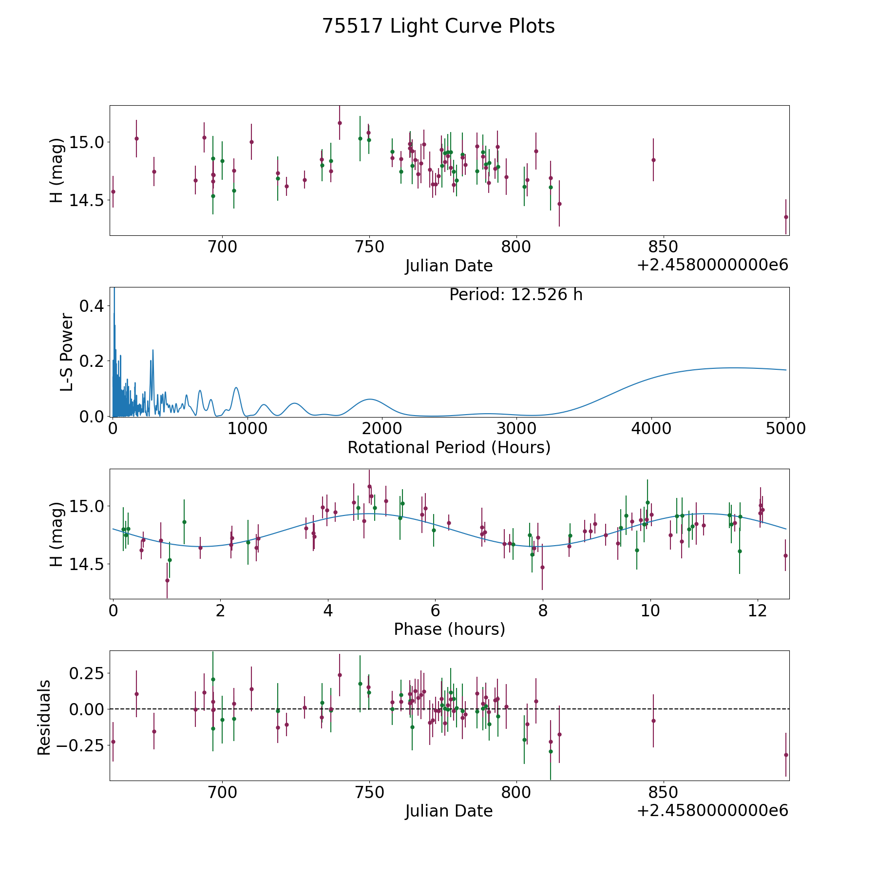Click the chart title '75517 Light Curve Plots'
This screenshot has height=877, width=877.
point(438,26)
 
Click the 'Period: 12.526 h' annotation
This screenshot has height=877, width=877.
point(515,295)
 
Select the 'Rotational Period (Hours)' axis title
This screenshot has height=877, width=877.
point(449,447)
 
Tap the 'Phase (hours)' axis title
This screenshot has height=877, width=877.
point(449,629)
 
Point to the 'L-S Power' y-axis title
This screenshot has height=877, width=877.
point(67,352)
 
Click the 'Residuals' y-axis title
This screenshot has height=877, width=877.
point(44,717)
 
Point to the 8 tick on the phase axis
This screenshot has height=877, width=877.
point(542,610)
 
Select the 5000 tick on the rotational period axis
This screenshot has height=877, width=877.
point(785,429)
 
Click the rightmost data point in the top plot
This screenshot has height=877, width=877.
point(785,217)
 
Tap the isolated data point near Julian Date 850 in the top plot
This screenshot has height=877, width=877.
point(653,160)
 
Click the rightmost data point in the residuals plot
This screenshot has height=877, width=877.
point(785,755)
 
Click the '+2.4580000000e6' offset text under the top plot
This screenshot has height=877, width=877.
point(712,265)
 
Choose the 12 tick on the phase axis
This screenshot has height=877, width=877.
point(757,610)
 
